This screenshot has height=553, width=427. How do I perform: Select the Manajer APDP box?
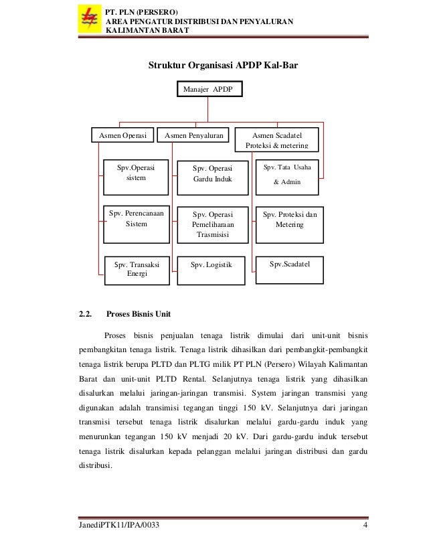(208, 89)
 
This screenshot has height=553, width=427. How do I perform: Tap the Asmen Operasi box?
(123, 137)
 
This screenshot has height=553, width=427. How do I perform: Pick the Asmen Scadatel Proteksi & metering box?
(276, 139)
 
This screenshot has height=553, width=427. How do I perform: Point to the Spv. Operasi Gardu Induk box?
(211, 175)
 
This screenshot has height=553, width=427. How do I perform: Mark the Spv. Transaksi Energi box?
(137, 269)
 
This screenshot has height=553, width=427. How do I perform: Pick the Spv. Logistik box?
(211, 265)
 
